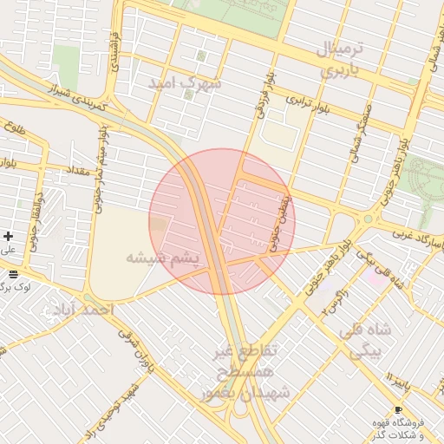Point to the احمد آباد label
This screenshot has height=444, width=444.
click(x=83, y=310)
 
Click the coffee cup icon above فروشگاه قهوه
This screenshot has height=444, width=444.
click(x=398, y=409)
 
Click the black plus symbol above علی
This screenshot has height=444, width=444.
click(x=9, y=236)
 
